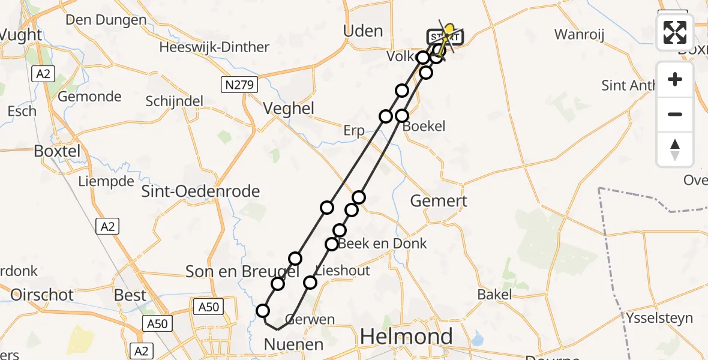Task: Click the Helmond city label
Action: [406, 337]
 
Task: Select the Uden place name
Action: [362, 31]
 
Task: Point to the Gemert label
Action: [439, 201]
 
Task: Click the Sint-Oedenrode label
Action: [200, 191]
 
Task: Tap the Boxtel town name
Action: [57, 151]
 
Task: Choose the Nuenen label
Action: [295, 344]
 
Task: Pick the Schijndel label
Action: [175, 101]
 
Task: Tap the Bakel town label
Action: [494, 294]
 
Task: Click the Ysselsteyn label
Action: [659, 318]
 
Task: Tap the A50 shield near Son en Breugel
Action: [208, 307]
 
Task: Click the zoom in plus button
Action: [675, 79]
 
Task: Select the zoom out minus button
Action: [675, 114]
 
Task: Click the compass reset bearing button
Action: [675, 149]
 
